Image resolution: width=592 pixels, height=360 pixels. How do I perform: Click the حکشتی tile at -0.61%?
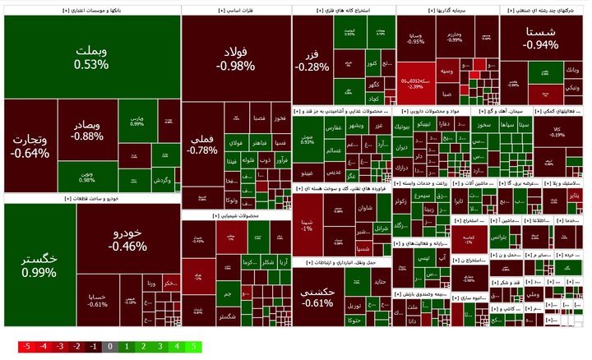(317, 298)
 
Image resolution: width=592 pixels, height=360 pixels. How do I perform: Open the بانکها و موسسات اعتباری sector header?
(91, 11)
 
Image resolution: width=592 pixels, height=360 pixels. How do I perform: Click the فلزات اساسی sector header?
(235, 11)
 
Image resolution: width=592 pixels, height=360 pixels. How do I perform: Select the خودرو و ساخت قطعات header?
(91, 198)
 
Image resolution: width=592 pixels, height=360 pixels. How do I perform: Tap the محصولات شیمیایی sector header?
(235, 215)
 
